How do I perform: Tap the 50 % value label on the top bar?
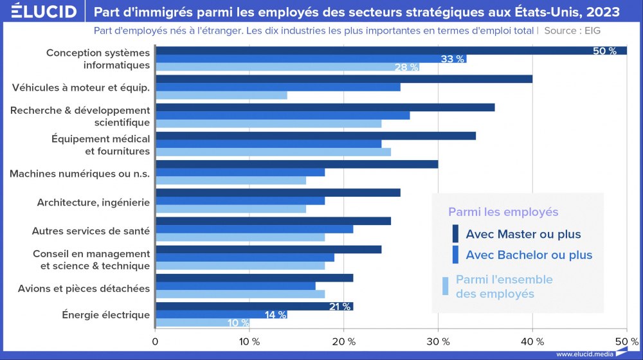[604, 51]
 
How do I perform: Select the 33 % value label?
[452, 59]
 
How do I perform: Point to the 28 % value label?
[406, 67]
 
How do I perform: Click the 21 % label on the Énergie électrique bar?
[340, 306]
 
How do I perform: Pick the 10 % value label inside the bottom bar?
[238, 323]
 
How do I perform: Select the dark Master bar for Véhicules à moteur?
[344, 79]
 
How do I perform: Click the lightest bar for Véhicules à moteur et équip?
[221, 96]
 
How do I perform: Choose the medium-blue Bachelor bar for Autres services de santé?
[255, 229]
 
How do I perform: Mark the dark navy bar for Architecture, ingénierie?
[278, 192]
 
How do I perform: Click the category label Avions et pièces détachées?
[84, 289]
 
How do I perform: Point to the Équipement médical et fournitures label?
[100, 145]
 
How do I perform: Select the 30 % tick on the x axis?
[438, 341]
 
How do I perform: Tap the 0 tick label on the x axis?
[155, 341]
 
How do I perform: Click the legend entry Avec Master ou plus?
[523, 234]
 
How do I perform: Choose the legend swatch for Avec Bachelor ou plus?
[455, 255]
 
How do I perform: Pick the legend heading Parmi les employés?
[503, 212]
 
